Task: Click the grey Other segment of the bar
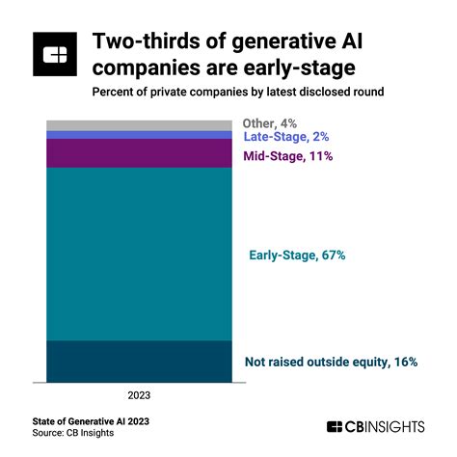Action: tap(139, 125)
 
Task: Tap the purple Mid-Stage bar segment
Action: tap(139, 154)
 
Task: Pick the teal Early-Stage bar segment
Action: tap(139, 255)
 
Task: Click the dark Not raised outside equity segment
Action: tap(139, 362)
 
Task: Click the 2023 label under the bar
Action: tap(138, 395)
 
